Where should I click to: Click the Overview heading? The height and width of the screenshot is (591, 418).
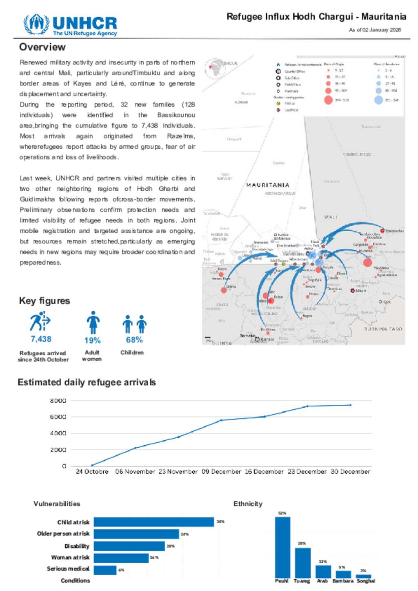click(42, 47)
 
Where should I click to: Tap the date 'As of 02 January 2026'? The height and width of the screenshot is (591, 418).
click(375, 30)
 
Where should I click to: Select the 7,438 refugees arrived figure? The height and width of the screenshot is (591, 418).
click(41, 339)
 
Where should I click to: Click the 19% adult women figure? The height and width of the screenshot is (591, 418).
click(92, 340)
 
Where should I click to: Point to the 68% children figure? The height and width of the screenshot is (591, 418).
click(134, 340)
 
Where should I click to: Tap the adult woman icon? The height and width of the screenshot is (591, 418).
click(93, 322)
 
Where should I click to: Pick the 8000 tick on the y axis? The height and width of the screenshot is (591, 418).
click(58, 401)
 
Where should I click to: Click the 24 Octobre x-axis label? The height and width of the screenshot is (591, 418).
click(92, 471)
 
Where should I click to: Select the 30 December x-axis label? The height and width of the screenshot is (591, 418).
click(350, 471)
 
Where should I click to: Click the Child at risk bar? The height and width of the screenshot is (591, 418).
click(153, 522)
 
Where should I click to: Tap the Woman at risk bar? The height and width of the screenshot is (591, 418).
click(121, 558)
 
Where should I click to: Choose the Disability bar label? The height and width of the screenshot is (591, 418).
click(77, 546)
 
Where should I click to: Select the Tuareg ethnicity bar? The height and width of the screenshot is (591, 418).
click(302, 562)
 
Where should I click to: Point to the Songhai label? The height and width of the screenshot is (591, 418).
click(366, 581)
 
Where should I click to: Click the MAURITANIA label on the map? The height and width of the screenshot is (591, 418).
click(268, 185)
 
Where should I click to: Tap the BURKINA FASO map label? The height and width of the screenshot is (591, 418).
click(383, 329)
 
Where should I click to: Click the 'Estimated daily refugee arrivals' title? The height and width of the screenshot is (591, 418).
click(87, 382)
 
